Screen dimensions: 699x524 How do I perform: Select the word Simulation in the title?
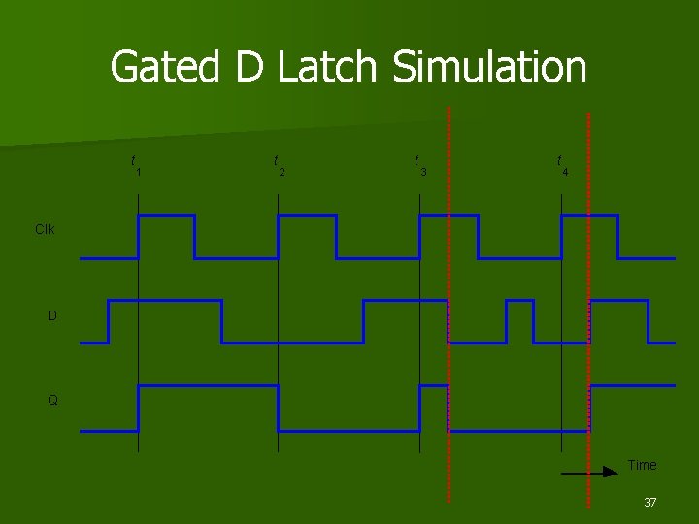489,68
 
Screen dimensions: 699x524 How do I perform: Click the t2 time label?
279,165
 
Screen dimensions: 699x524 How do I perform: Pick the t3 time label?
419,165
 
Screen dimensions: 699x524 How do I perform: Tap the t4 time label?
562,165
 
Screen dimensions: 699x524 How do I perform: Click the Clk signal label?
45,230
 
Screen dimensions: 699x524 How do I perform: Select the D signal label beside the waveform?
52,315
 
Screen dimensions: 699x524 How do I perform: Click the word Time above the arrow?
642,465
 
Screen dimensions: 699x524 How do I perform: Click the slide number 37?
650,503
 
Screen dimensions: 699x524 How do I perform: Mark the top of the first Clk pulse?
166,215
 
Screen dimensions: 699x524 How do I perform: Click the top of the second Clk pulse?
307,215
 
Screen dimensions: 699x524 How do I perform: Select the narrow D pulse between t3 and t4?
519,301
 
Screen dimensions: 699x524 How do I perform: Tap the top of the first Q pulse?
208,386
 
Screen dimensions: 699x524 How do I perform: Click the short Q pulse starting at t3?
433,386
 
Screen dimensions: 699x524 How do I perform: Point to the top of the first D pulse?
165,301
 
